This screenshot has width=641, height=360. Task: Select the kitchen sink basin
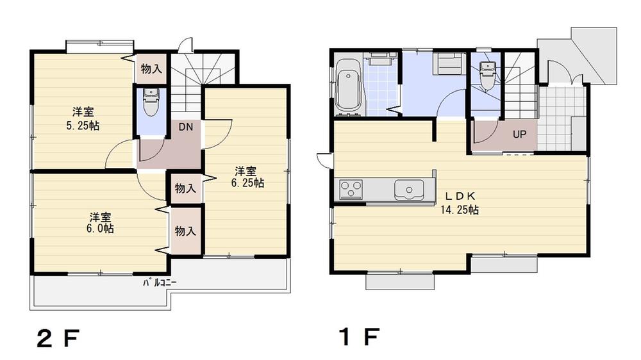click(407, 190)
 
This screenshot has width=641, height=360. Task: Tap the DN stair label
click(185, 127)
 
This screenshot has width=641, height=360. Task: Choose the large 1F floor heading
click(359, 337)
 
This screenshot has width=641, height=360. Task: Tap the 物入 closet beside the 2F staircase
click(151, 68)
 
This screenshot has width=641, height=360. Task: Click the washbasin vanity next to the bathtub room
click(383, 59)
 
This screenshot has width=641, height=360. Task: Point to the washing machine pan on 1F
click(449, 64)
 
